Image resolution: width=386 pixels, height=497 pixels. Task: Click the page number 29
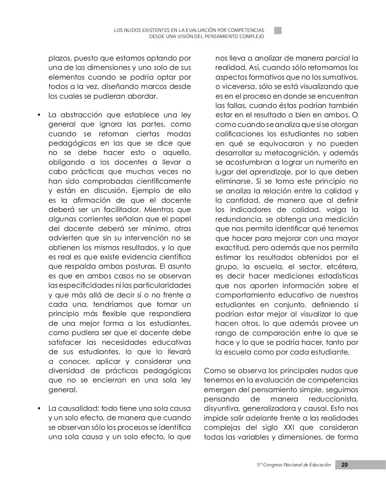coord(344,465)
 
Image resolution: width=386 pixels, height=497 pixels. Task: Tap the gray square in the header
coord(277,31)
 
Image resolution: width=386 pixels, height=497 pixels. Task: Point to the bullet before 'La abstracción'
coord(39,115)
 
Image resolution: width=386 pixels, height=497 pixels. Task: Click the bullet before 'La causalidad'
coord(39,409)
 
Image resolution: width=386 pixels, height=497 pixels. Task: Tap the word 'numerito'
coord(326,162)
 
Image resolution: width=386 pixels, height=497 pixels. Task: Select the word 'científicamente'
coord(164,181)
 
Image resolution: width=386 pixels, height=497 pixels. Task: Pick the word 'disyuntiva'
coord(221,408)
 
